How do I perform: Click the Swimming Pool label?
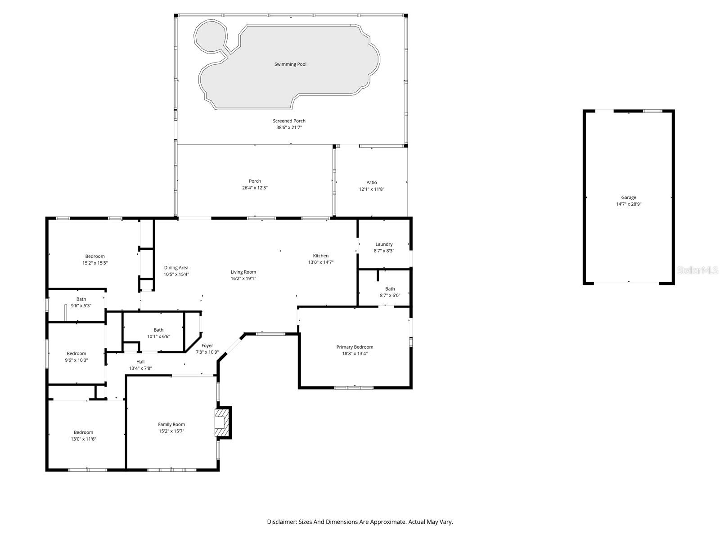point(290,64)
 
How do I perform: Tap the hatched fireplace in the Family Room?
point(223,423)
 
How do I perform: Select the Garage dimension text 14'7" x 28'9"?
point(629,204)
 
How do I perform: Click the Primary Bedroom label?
point(355,347)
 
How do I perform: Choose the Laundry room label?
point(384,244)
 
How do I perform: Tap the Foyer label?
point(207,346)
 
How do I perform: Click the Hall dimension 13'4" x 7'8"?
point(140,368)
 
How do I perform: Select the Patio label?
point(371,182)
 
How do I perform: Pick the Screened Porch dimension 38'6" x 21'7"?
point(289,127)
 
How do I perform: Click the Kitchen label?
point(321,256)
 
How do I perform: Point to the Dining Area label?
point(176,268)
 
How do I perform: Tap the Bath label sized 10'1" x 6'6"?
point(158,330)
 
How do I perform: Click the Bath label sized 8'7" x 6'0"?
point(390,289)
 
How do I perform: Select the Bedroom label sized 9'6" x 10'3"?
point(76,354)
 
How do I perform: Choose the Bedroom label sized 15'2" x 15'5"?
point(95,256)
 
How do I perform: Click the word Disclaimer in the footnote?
point(281,522)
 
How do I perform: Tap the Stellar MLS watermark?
point(698,270)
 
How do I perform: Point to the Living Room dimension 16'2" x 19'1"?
point(243,279)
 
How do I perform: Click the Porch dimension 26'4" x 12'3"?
point(255,188)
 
